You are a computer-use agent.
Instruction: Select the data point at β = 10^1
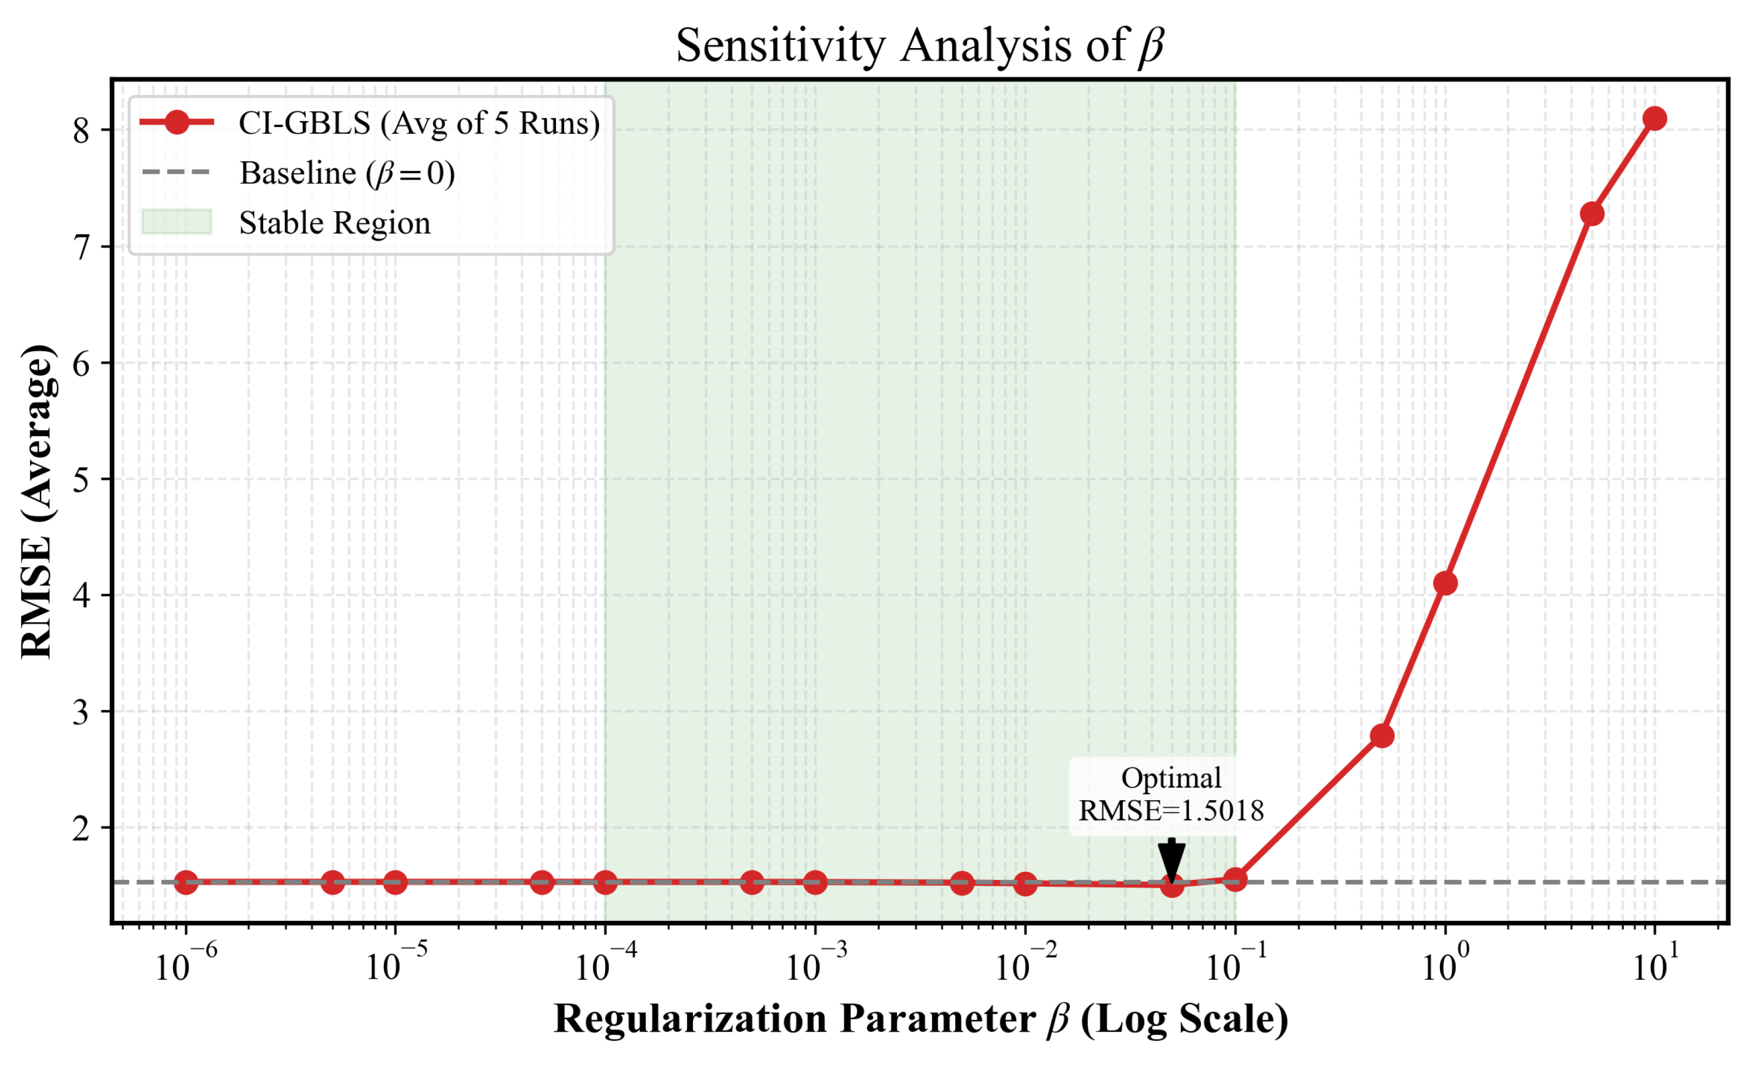click(1655, 118)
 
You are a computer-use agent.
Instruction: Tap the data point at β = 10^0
click(1444, 584)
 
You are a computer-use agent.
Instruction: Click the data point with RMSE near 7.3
click(1592, 213)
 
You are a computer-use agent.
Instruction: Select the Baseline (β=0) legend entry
click(347, 173)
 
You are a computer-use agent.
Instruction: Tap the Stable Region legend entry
click(335, 223)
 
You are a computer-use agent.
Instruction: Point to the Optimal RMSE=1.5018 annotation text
click(1170, 795)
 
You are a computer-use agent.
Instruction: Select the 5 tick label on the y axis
click(81, 479)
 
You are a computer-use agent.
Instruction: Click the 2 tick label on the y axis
click(81, 829)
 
